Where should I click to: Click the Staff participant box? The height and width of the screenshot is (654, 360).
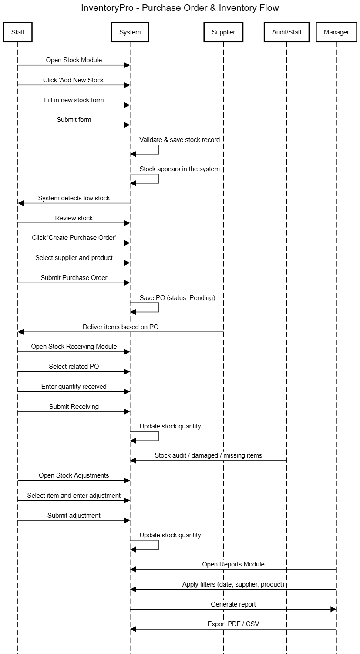17,32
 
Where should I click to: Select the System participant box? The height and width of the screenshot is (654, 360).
130,32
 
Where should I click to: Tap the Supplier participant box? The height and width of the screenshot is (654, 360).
223,32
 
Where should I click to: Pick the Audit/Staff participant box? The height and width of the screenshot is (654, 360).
286,32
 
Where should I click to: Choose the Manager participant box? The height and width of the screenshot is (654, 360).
336,32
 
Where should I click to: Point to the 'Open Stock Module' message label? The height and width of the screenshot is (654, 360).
74,60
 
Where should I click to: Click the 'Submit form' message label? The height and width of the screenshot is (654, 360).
74,119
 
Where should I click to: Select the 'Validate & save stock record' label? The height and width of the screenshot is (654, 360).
179,140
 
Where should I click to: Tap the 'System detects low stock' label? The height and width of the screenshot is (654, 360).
74,198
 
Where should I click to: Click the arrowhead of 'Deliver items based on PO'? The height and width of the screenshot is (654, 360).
20,332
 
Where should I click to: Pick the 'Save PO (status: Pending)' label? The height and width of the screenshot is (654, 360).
177,297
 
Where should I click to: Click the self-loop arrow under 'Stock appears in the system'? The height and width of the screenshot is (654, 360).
158,179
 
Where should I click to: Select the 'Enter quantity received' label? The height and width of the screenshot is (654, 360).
74,386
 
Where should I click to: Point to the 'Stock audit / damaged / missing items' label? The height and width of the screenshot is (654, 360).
208,455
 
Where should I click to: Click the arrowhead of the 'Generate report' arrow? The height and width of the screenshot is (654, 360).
333,609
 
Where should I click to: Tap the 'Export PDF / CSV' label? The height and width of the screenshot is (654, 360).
233,624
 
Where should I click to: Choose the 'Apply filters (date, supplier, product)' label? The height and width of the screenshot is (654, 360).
233,584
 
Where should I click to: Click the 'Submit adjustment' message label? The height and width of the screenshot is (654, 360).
74,515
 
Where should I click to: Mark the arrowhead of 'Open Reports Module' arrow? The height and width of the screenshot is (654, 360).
133,570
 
